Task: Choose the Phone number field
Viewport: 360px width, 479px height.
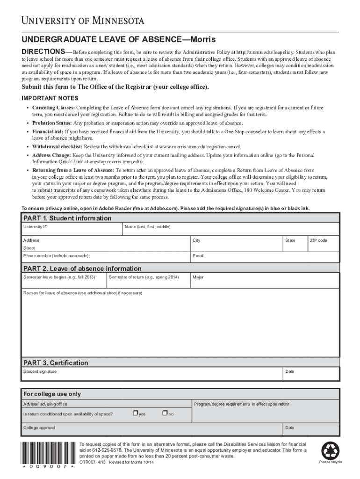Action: (x=105, y=259)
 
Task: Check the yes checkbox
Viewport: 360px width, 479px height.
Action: (x=135, y=413)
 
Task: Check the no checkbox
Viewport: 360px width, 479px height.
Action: (x=164, y=413)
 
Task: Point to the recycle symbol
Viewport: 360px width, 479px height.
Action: (x=330, y=450)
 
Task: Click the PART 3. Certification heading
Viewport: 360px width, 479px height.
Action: (x=56, y=363)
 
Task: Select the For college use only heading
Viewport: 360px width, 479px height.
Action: (x=52, y=394)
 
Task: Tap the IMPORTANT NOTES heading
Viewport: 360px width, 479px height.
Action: (x=50, y=98)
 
